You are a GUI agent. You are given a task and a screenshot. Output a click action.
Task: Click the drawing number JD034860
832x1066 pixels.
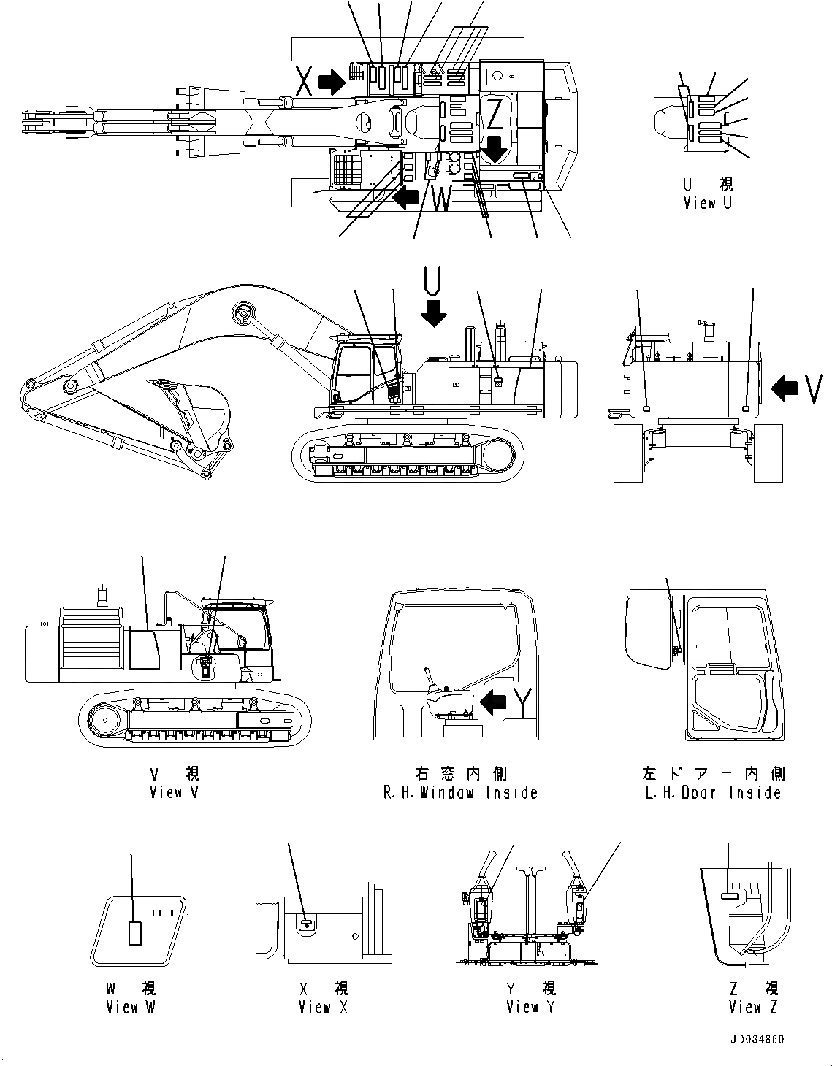tap(755, 1039)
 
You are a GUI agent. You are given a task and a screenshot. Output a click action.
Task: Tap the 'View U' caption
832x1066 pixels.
tap(706, 204)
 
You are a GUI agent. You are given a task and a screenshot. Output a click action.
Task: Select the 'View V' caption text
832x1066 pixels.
tap(174, 792)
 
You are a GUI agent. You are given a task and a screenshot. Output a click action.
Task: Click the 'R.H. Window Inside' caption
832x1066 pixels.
tap(460, 792)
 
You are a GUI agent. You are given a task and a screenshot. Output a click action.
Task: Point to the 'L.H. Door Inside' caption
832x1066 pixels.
tap(713, 792)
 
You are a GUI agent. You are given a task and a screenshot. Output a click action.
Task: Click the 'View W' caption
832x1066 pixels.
tap(131, 1007)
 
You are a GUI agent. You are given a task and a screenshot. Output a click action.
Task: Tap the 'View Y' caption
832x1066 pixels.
tap(531, 1007)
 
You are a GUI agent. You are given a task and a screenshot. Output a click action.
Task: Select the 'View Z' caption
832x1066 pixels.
tap(753, 1007)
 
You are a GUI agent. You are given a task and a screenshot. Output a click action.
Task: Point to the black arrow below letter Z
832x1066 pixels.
tap(495, 148)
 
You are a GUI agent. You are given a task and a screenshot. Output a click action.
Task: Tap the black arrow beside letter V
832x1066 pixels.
tap(785, 388)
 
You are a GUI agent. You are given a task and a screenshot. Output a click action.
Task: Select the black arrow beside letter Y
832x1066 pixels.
tap(495, 702)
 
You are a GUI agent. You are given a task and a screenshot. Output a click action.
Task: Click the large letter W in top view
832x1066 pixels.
tap(441, 199)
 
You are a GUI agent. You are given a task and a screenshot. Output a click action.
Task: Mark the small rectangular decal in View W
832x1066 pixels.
tap(134, 933)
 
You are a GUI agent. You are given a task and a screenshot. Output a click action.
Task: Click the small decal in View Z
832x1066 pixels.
tap(730, 895)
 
